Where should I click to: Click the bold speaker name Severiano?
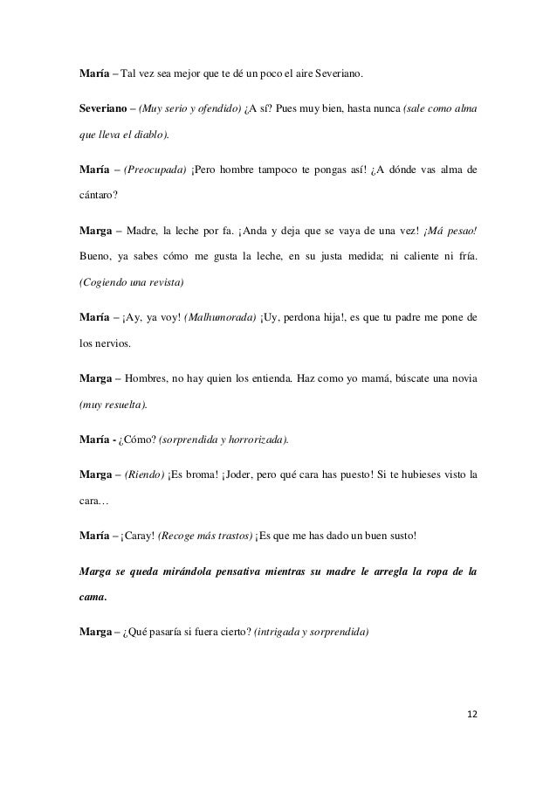tap(104, 111)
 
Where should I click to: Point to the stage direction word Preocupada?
tap(156, 168)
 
